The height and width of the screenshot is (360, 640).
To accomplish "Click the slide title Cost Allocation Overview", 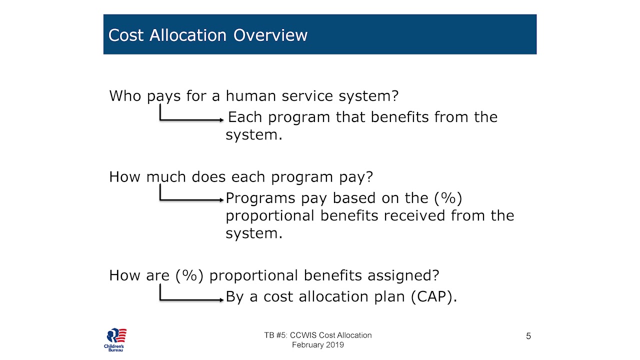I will point(207,35).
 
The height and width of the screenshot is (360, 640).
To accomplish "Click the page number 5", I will point(528,336).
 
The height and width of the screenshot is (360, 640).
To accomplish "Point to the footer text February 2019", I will point(318,345).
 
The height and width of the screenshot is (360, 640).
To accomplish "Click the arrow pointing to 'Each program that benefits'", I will point(191,119).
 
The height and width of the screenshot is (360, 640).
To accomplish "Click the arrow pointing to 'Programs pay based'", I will point(191,199).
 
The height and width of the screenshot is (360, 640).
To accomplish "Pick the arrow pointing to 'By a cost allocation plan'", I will point(191,299).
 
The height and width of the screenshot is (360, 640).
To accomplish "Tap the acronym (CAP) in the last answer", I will point(434,296).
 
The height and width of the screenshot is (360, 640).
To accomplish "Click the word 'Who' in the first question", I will point(125,95).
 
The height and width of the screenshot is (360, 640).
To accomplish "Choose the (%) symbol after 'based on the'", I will point(448,198).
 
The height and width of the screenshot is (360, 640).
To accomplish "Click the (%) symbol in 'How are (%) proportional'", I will point(189,275).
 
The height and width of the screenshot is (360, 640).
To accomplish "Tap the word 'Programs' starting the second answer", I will point(260,198).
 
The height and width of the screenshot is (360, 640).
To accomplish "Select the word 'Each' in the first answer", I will point(245,117).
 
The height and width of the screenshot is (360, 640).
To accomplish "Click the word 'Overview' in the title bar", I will point(270,35).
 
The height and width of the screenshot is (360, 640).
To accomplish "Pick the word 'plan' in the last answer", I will point(389,296).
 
